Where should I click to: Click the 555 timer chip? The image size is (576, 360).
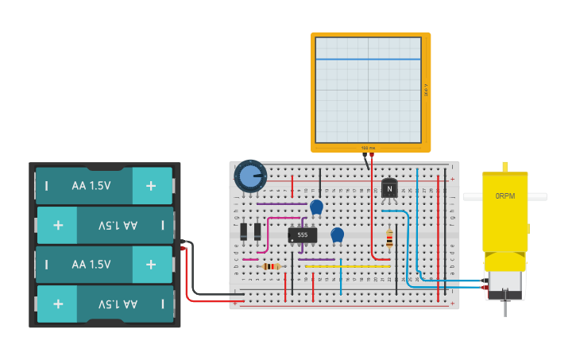coord(302,234)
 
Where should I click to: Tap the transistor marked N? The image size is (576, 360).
coord(389,188)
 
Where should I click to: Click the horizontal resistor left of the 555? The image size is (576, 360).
coord(271,266)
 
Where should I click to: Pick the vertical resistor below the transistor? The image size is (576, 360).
coord(389,238)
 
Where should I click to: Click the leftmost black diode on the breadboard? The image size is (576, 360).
coord(244,231)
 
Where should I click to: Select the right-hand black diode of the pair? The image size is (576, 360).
coord(257,231)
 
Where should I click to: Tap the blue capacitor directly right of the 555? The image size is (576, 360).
coord(337,234)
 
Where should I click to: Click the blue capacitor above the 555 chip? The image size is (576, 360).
coord(316,207)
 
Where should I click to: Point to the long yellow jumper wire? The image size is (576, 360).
coord(347,266)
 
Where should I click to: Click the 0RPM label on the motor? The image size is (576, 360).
coord(504,195)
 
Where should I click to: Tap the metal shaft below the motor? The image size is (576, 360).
coord(504,306)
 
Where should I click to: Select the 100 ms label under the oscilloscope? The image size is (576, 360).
coord(368,148)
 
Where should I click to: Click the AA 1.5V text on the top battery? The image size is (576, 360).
coord(91,186)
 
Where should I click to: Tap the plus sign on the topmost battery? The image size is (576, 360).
coord(151,186)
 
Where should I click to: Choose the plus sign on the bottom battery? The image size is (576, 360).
coord(57,304)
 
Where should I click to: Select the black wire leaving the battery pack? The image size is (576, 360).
coord(211,294)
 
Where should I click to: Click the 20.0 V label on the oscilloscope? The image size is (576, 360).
coord(426,90)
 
